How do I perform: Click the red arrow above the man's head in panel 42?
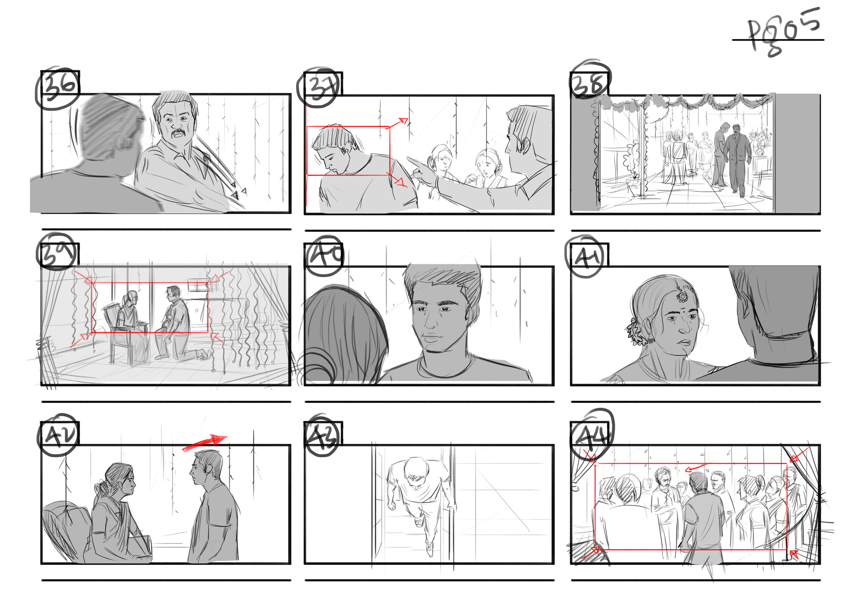[205, 443]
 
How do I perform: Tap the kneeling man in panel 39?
[175, 323]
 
